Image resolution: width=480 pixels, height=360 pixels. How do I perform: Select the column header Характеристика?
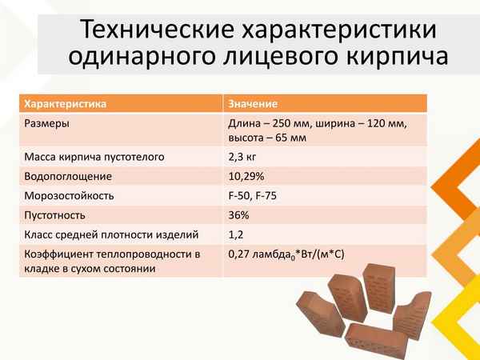coord(66,105)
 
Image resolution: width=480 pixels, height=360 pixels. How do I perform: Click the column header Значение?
coord(253,105)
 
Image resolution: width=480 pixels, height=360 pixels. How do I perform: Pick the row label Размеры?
coord(46,124)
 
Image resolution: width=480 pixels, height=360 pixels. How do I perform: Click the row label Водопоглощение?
coord(68,177)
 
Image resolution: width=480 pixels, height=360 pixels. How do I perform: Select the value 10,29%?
coord(247,177)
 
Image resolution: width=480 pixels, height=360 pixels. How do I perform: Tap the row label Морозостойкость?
coord(70,196)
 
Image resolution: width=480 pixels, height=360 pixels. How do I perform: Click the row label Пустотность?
coord(54,215)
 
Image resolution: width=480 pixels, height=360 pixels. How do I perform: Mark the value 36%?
coord(239,215)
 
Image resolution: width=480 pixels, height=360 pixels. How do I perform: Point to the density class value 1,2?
coord(235,234)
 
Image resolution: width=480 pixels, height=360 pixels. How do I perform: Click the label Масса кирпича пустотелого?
coord(94,158)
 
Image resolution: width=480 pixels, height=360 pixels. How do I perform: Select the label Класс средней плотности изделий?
coord(110,234)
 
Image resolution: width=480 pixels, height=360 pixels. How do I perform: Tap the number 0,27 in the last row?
coord(241,254)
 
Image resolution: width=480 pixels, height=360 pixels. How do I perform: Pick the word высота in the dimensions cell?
coord(247,138)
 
